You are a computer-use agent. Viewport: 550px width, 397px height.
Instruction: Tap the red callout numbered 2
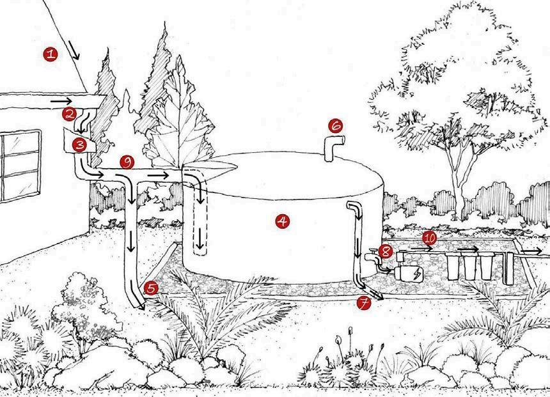pyautogui.click(x=69, y=114)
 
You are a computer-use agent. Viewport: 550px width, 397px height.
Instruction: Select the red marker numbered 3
pyautogui.click(x=79, y=144)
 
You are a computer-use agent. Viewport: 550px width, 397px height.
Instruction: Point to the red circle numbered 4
pyautogui.click(x=281, y=221)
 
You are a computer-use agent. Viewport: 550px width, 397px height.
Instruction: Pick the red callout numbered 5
pyautogui.click(x=151, y=288)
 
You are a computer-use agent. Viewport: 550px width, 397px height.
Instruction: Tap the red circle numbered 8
pyautogui.click(x=385, y=251)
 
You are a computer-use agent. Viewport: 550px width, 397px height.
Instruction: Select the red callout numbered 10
pyautogui.click(x=429, y=238)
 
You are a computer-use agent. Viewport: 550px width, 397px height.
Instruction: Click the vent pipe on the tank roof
pyautogui.click(x=333, y=148)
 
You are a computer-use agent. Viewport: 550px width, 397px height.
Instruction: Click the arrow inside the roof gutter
pyautogui.click(x=61, y=100)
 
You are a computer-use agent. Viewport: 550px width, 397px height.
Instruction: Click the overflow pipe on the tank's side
pyautogui.click(x=356, y=243)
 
